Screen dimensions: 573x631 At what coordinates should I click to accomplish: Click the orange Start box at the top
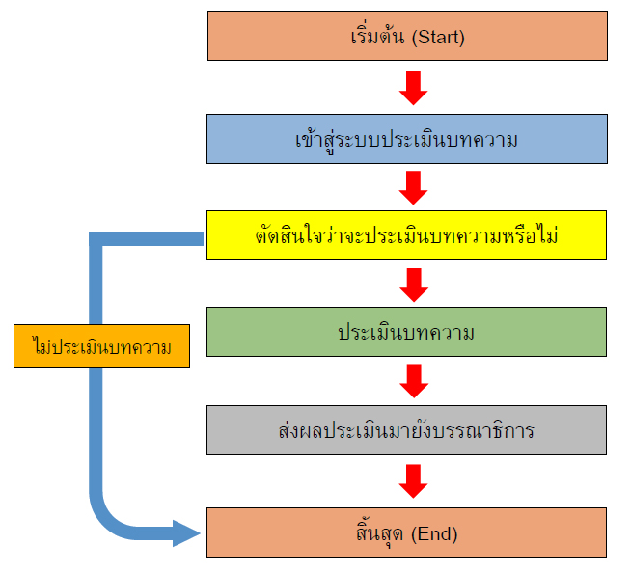[406, 38]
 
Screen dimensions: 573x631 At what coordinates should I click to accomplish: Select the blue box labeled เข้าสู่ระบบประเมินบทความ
[406, 139]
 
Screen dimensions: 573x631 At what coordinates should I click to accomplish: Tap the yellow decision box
[406, 235]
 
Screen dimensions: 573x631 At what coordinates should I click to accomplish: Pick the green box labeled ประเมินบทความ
[406, 332]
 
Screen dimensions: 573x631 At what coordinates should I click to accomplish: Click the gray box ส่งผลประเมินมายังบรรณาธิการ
[406, 429]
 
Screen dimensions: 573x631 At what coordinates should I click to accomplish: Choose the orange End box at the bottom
[406, 532]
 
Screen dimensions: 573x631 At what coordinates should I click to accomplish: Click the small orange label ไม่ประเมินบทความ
[100, 344]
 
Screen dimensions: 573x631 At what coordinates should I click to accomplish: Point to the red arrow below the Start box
[413, 88]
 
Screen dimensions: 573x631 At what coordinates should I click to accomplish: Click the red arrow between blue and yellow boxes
[413, 187]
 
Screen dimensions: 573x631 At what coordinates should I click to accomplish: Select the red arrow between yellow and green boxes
[413, 284]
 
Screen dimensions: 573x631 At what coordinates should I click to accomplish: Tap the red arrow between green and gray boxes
[413, 381]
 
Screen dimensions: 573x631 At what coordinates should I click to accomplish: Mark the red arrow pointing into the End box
[413, 480]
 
